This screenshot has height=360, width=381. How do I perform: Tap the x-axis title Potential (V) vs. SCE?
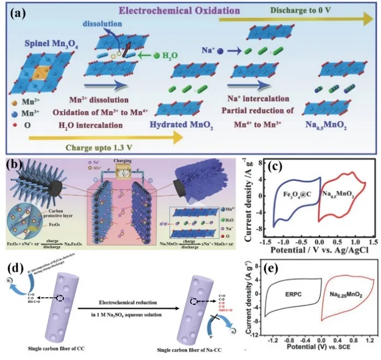(319, 347)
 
